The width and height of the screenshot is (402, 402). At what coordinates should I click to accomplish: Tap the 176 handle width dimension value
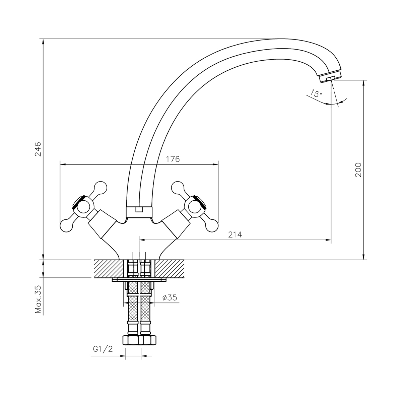click(x=173, y=159)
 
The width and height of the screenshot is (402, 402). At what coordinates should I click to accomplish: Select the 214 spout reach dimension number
click(x=235, y=235)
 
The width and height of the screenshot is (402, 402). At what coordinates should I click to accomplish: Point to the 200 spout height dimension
click(x=358, y=170)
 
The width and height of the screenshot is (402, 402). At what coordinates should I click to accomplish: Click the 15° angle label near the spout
click(x=315, y=93)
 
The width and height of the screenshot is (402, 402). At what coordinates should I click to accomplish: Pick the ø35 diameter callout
click(x=170, y=297)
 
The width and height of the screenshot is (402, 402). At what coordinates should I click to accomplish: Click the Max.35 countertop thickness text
click(x=38, y=299)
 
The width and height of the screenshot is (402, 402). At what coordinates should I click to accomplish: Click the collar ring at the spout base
click(x=139, y=211)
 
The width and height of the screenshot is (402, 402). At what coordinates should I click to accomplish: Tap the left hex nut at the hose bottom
click(x=131, y=340)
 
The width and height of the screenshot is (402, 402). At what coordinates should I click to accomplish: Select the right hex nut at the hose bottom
click(x=148, y=340)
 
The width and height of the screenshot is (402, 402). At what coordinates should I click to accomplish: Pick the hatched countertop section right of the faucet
click(x=170, y=269)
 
